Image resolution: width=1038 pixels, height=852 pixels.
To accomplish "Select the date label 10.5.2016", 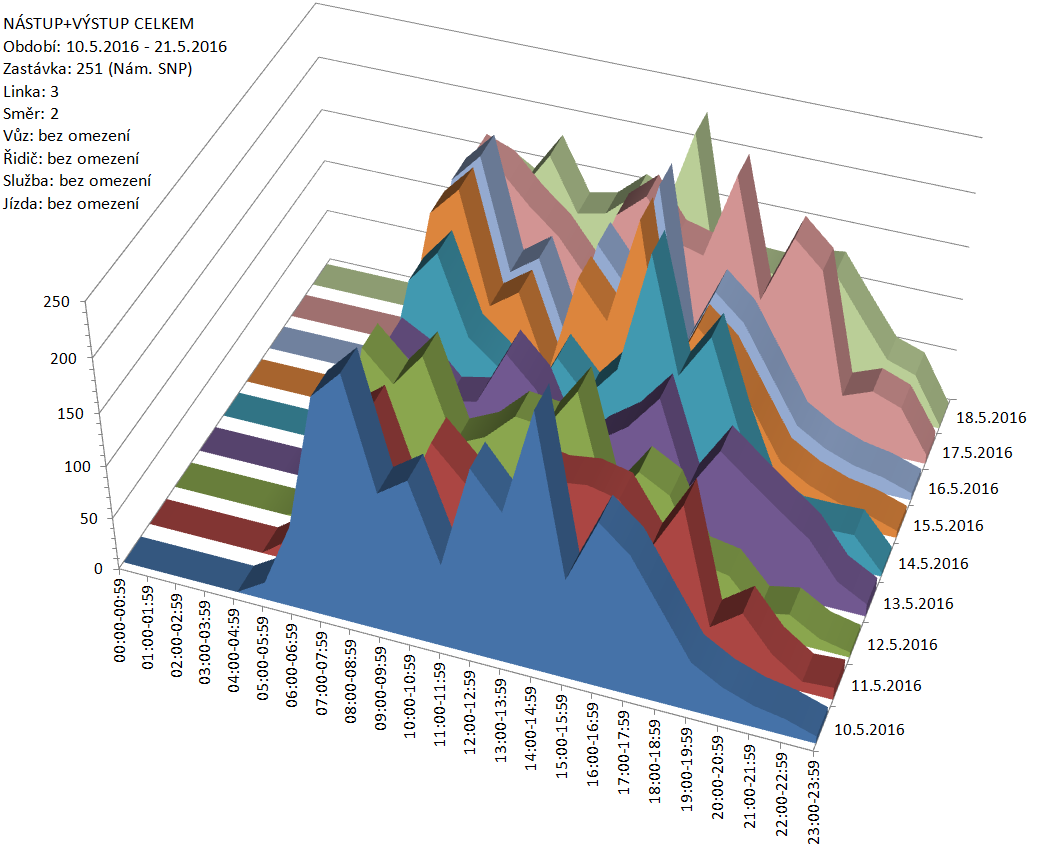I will (x=868, y=729).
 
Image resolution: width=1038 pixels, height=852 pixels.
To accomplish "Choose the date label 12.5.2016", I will (x=900, y=645).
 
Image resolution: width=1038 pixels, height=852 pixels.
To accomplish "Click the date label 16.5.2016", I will (x=961, y=489).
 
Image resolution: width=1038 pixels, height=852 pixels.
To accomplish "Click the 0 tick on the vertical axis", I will (x=97, y=568).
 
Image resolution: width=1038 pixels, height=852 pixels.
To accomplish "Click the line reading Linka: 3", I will (x=31, y=91).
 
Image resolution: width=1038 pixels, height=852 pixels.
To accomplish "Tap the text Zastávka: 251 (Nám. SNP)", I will (x=98, y=69).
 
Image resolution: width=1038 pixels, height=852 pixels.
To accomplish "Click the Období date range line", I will (x=116, y=46).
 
